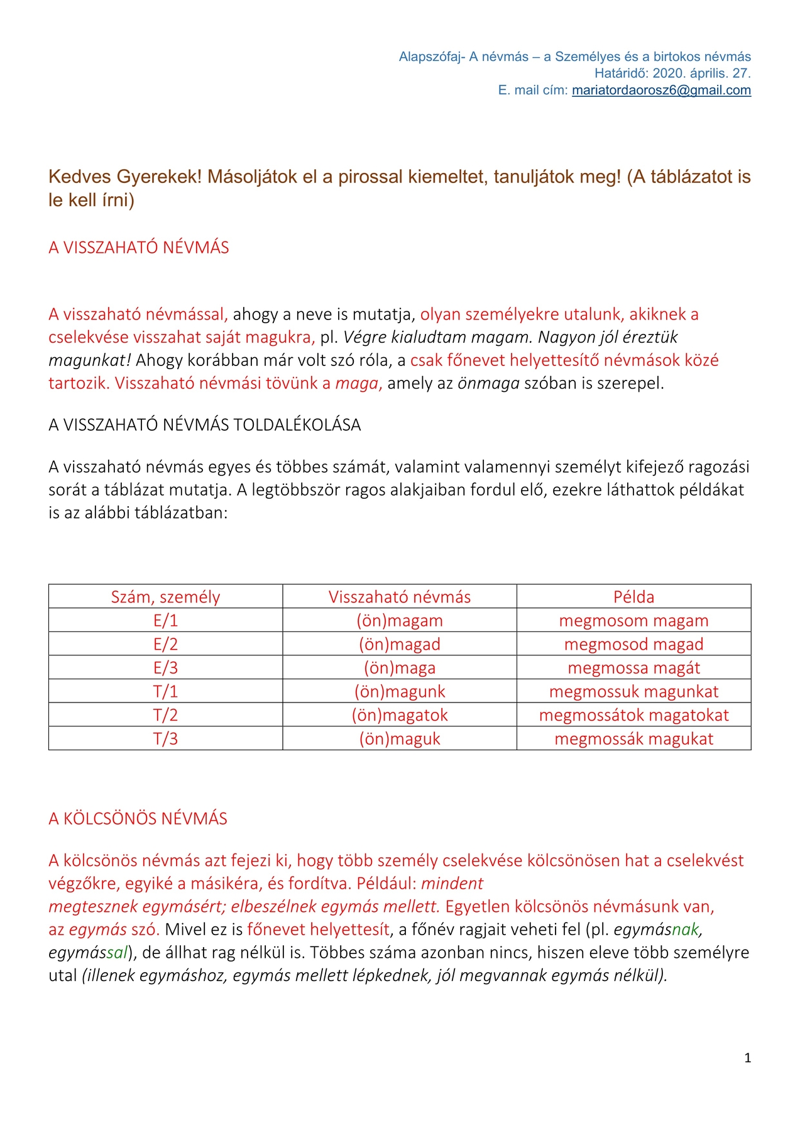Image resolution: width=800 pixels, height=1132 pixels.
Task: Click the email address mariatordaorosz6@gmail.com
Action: [661, 90]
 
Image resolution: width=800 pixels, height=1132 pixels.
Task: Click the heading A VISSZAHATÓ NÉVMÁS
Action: [139, 247]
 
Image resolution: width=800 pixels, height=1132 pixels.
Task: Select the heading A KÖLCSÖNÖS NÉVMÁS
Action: [138, 818]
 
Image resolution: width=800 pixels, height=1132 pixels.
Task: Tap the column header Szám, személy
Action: [165, 597]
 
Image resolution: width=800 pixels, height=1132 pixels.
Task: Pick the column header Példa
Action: [633, 597]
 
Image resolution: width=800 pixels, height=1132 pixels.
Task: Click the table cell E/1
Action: [165, 621]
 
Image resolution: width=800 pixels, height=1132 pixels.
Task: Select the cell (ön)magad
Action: [400, 644]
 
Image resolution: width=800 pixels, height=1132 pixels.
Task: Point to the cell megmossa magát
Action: [633, 668]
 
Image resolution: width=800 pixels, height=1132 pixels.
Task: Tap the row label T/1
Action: [165, 691]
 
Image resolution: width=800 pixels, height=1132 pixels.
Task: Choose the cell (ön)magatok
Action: [400, 715]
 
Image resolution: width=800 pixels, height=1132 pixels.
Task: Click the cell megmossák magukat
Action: [633, 738]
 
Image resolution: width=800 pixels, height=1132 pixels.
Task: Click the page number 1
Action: [747, 1058]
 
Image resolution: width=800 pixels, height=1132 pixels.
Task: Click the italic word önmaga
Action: [488, 383]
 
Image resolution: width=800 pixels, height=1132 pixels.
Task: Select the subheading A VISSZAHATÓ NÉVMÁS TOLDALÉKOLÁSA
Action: [205, 425]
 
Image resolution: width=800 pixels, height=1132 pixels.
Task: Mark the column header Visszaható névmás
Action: [400, 597]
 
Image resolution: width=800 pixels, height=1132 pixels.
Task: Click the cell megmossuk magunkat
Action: [633, 691]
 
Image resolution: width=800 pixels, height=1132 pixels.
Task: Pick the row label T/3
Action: [165, 738]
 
